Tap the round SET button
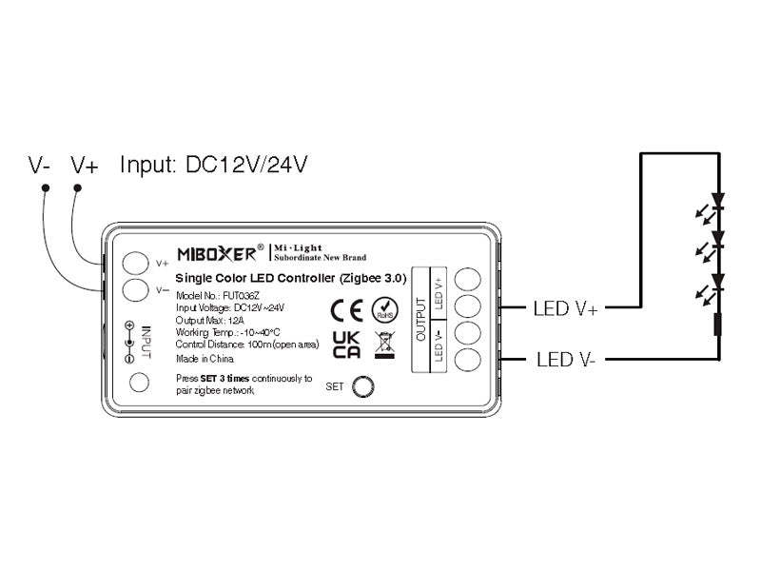click(363, 386)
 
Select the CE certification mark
click(346, 310)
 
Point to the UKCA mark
click(346, 345)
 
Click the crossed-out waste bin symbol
click(384, 344)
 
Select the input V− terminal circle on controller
click(137, 289)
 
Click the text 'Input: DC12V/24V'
click(213, 165)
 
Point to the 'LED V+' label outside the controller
click(566, 307)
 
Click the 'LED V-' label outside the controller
click(564, 360)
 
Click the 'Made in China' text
click(205, 360)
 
